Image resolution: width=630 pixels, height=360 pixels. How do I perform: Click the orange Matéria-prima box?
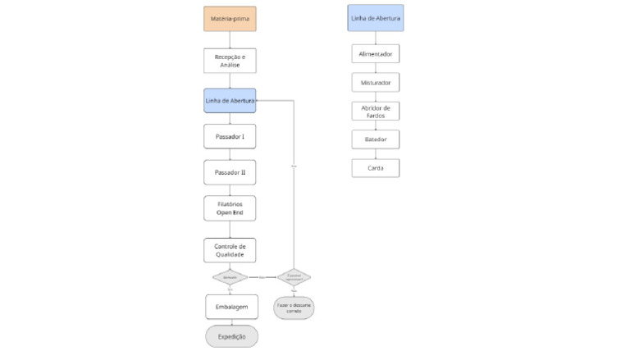(x=230, y=18)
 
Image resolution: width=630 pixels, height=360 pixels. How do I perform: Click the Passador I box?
(x=230, y=135)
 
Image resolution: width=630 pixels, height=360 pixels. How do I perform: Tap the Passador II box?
(x=230, y=173)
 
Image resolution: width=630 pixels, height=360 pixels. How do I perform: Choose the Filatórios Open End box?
(x=230, y=208)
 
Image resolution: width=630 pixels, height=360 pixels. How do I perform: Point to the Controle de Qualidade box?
(x=230, y=250)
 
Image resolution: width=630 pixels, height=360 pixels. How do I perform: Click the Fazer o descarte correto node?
(x=293, y=307)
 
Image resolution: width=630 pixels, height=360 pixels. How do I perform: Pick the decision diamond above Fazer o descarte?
(x=294, y=277)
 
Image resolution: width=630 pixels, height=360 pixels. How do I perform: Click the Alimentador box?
(x=375, y=54)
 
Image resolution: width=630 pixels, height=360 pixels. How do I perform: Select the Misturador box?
(x=375, y=83)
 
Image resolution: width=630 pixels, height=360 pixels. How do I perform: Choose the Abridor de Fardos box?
(x=375, y=112)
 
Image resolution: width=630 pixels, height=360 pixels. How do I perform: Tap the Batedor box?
(x=375, y=139)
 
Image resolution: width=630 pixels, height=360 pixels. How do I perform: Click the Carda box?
(x=375, y=168)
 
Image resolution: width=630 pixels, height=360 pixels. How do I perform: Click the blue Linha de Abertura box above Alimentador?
(x=375, y=18)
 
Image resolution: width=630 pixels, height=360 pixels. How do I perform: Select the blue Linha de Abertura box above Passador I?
(x=230, y=100)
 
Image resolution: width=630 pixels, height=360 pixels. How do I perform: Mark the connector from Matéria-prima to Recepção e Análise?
(x=230, y=39)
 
